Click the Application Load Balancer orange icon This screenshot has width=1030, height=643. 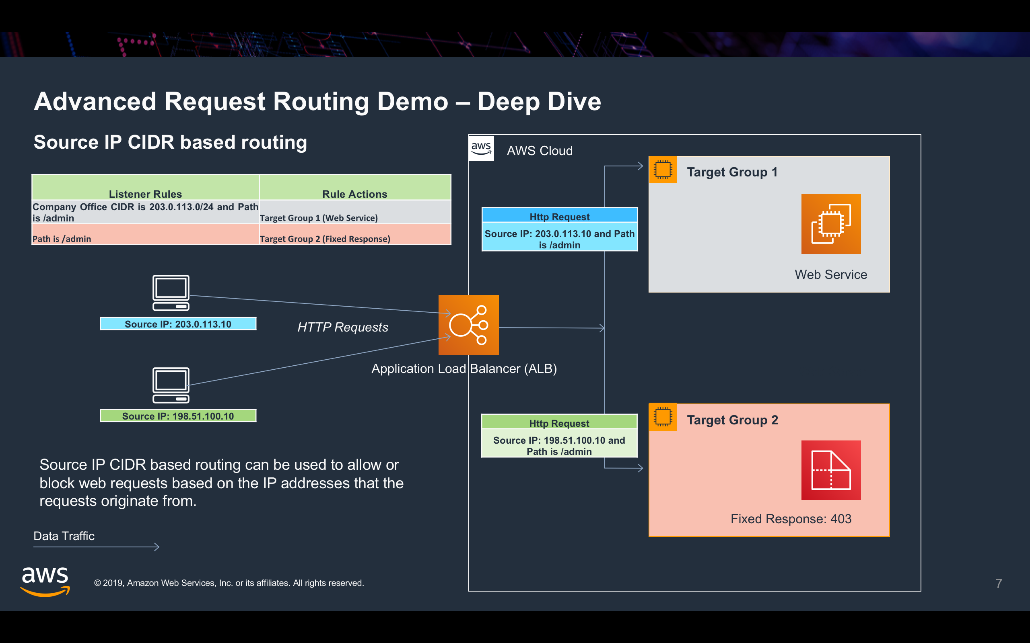click(468, 325)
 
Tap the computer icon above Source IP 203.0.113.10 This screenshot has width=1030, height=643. click(171, 293)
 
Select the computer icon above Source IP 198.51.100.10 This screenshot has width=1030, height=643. click(171, 385)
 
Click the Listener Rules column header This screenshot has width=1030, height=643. click(145, 194)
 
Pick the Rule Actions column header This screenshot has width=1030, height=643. click(354, 194)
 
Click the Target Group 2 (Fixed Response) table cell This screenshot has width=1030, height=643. click(325, 239)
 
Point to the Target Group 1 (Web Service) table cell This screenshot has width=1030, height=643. click(319, 218)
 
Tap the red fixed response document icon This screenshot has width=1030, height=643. click(831, 470)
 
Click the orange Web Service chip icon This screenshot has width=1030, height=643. click(831, 224)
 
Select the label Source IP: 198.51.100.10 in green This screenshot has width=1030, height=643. click(178, 416)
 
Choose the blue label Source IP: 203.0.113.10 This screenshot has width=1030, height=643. click(178, 324)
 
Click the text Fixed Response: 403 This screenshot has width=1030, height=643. click(791, 519)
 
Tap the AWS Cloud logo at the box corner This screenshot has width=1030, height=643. click(481, 148)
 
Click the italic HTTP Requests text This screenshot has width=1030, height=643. click(343, 327)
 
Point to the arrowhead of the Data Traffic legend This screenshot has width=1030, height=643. click(157, 547)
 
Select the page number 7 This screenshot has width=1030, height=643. click(999, 583)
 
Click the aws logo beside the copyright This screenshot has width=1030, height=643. click(45, 582)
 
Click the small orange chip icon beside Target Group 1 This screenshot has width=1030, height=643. click(663, 169)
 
